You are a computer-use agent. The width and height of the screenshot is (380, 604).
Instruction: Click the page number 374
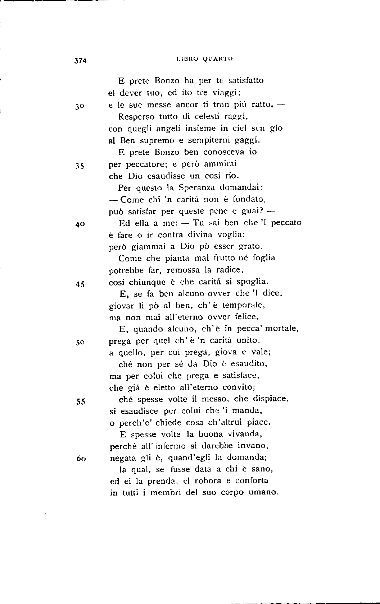point(81,61)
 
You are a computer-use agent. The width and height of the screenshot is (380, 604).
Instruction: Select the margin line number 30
point(80,106)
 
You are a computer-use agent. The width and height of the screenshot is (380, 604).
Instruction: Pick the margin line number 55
point(80,402)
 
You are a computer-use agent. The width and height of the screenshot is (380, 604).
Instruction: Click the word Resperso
point(136,117)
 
